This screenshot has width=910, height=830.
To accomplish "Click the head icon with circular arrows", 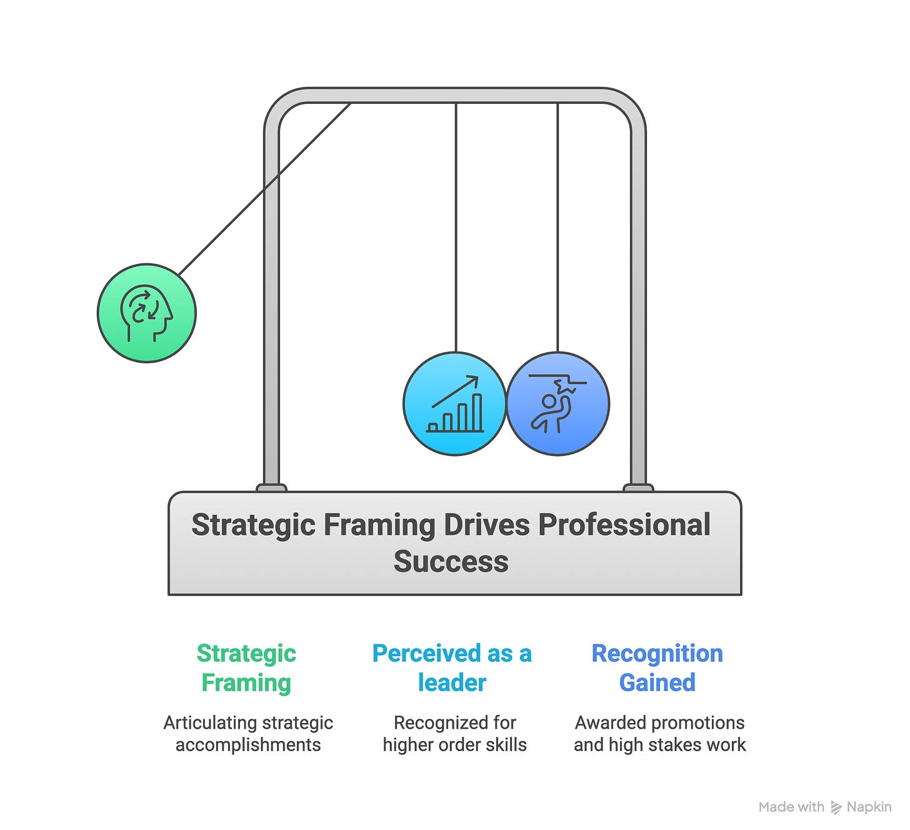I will pos(147,313).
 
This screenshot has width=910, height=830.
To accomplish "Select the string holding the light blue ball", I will pos(456,225).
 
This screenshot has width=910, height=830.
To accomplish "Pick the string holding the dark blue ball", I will pos(557,225).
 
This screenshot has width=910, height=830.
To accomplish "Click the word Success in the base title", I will pos(451,561).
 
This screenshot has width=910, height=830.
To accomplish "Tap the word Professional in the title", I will pos(624,524).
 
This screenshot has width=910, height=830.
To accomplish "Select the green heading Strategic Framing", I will pos(246,667).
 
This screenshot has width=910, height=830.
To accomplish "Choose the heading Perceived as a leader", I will pos(452,667).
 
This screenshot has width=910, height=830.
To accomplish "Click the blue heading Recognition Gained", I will pos(657,667).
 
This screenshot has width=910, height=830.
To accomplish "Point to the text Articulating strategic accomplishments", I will pos(248,734).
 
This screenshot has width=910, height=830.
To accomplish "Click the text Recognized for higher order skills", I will pos(454,734).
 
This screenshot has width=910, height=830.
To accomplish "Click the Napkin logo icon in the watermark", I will pos(836,807).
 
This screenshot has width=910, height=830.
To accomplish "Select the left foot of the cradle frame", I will pos(271,487).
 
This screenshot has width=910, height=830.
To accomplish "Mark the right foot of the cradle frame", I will pos(638,487).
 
